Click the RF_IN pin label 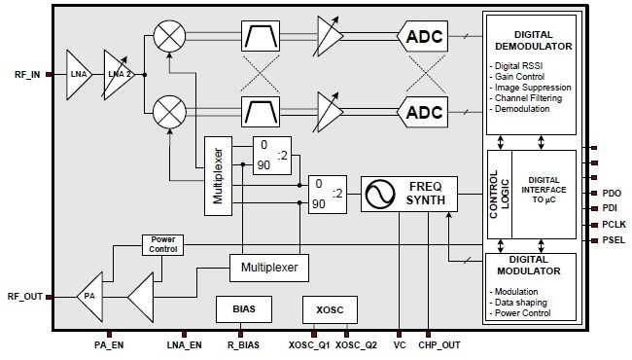pos(26,74)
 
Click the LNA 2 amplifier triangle pos(118,73)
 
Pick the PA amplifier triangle pos(90,295)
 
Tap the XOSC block pos(331,308)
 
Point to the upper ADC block pos(424,37)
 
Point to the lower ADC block pos(424,111)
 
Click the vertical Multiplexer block pos(216,175)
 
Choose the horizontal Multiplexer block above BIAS pos(269,266)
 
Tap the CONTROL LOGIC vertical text pos(495,195)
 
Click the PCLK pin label pos(612,224)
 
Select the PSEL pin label pos(612,239)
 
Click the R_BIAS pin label pos(243,345)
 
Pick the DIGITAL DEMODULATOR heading pos(530,38)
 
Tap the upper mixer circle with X pos(171,37)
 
